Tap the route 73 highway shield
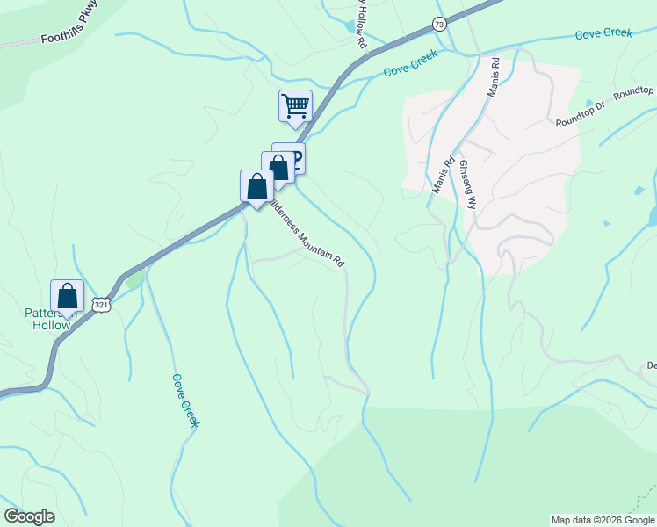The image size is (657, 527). coord(439,24)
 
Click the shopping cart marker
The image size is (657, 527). coord(296,106)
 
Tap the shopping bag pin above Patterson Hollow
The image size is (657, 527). coord(68,296)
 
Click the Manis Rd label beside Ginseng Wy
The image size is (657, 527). coord(442,174)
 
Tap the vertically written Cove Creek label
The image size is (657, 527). coord(185,401)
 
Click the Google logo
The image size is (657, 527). coord(30,516)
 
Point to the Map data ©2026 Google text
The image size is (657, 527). coord(603,520)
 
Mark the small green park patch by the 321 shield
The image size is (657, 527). coord(134,279)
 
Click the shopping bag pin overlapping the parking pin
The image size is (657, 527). coord(278,167)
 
